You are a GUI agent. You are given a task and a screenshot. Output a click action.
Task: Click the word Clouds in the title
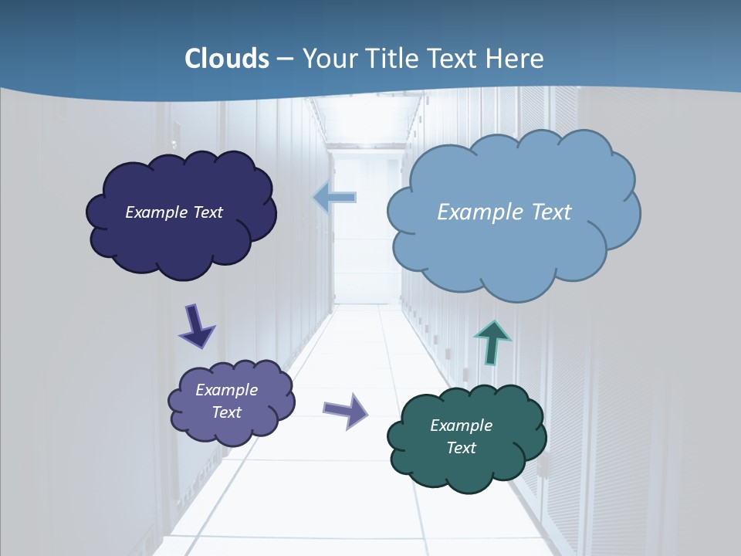tap(227, 59)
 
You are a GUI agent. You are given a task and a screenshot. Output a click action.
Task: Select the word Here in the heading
tap(518, 59)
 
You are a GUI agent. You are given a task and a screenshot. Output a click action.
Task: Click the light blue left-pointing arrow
tap(334, 198)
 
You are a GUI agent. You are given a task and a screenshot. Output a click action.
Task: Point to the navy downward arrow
tap(196, 326)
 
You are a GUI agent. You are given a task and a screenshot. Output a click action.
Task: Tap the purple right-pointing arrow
tap(346, 410)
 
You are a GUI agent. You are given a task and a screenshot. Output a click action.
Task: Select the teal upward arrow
tap(492, 341)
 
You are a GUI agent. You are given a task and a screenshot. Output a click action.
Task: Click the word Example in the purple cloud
tap(226, 390)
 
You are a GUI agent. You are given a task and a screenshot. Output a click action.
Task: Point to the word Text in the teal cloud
tap(461, 448)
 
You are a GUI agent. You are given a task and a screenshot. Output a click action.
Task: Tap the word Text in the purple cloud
tap(226, 412)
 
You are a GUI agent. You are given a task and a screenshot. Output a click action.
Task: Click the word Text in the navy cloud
tap(208, 212)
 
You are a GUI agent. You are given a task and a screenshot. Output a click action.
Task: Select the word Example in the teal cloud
tap(461, 425)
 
